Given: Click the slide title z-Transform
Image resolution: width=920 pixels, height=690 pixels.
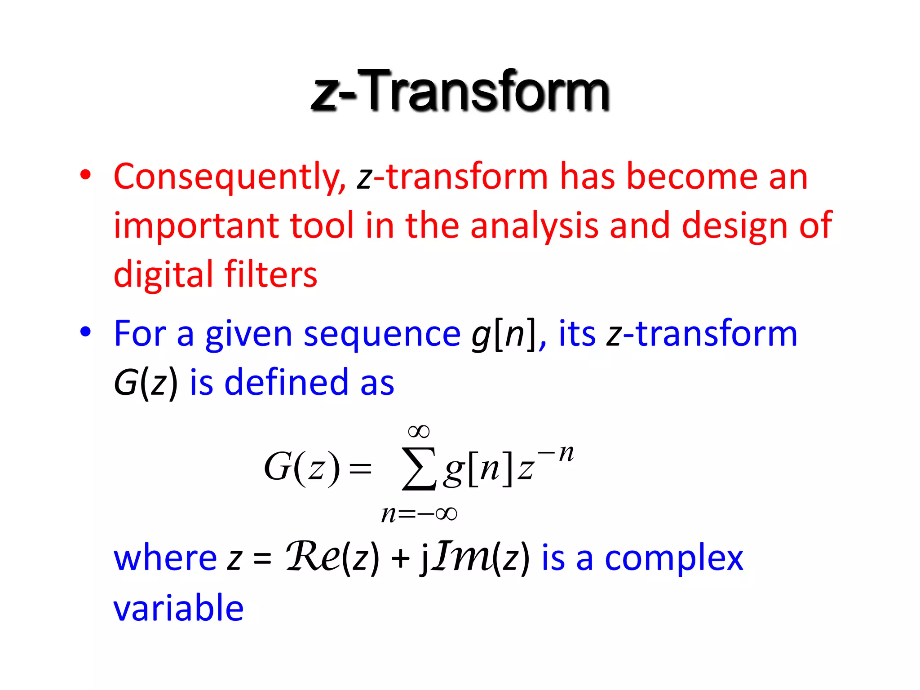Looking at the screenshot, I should point(460,91).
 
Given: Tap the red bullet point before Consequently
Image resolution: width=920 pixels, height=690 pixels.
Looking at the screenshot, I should point(85,175).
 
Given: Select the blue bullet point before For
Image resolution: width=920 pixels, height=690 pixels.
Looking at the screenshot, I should point(85,332).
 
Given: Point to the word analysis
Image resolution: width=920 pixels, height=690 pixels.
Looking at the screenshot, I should point(534,226).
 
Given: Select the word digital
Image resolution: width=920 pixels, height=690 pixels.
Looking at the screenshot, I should point(163,274).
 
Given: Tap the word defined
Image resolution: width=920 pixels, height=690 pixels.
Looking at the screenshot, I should point(287,383).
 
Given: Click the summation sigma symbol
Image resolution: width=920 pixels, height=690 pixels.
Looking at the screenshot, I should point(419,468).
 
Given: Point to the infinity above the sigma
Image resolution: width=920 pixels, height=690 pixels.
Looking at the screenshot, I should point(419,432).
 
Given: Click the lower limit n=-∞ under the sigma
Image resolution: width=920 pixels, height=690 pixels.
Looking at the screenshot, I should point(419,513).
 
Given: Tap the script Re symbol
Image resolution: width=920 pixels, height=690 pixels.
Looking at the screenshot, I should point(313,557).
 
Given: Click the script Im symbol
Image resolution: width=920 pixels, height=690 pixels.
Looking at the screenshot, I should point(463,557).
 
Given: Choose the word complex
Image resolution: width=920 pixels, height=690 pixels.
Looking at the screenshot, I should point(673,559).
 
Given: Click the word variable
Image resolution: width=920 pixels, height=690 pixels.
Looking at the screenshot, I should point(178,608).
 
